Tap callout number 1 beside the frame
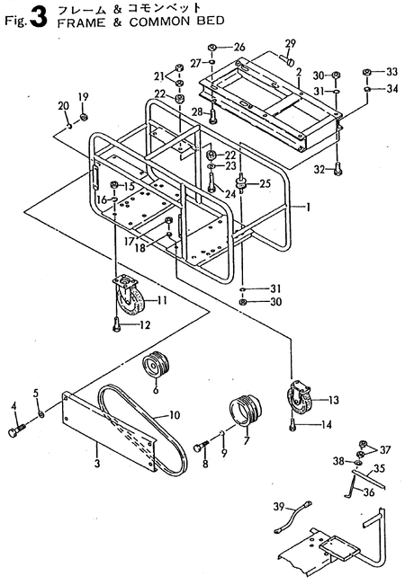coord(307,207)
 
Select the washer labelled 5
coord(41,416)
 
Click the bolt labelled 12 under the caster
coord(117,325)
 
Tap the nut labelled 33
coord(367,72)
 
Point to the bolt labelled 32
coord(336,166)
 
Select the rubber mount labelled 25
coord(239,184)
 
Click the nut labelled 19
coord(83,117)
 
